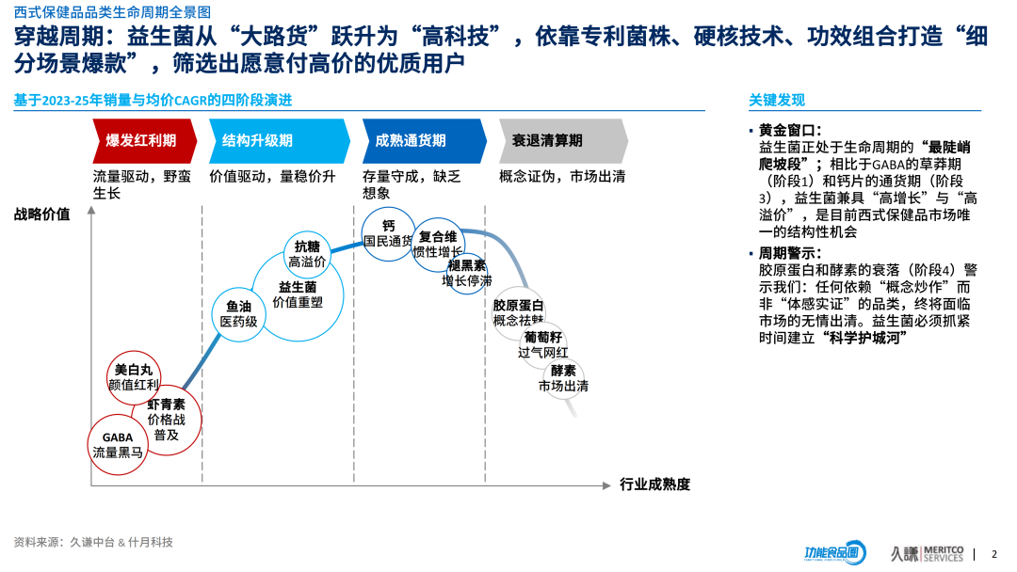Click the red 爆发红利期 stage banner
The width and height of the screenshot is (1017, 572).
tap(143, 141)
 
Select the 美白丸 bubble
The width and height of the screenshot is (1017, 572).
tap(133, 377)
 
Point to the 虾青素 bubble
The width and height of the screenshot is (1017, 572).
tap(167, 420)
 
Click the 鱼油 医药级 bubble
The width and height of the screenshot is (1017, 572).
tap(238, 314)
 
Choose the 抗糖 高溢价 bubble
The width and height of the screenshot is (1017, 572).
tap(308, 254)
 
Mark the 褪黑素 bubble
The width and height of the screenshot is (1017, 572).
tap(467, 273)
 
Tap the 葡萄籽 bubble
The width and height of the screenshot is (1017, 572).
tap(543, 344)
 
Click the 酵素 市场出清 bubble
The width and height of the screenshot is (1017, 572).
tap(564, 378)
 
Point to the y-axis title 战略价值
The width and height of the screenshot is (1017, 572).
tap(41, 214)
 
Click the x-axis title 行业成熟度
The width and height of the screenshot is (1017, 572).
tap(655, 485)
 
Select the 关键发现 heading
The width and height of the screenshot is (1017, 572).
tap(777, 101)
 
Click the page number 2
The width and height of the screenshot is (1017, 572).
tap(994, 554)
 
